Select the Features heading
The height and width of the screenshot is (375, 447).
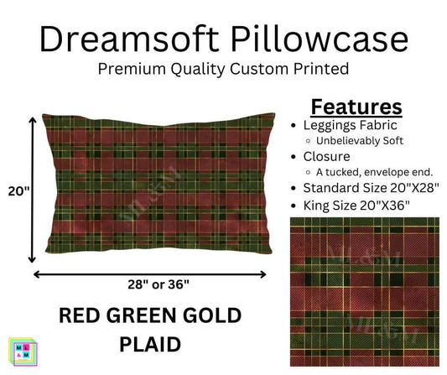[356, 107]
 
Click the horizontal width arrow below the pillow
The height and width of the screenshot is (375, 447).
[151, 274]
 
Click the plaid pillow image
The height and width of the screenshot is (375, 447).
[151, 186]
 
